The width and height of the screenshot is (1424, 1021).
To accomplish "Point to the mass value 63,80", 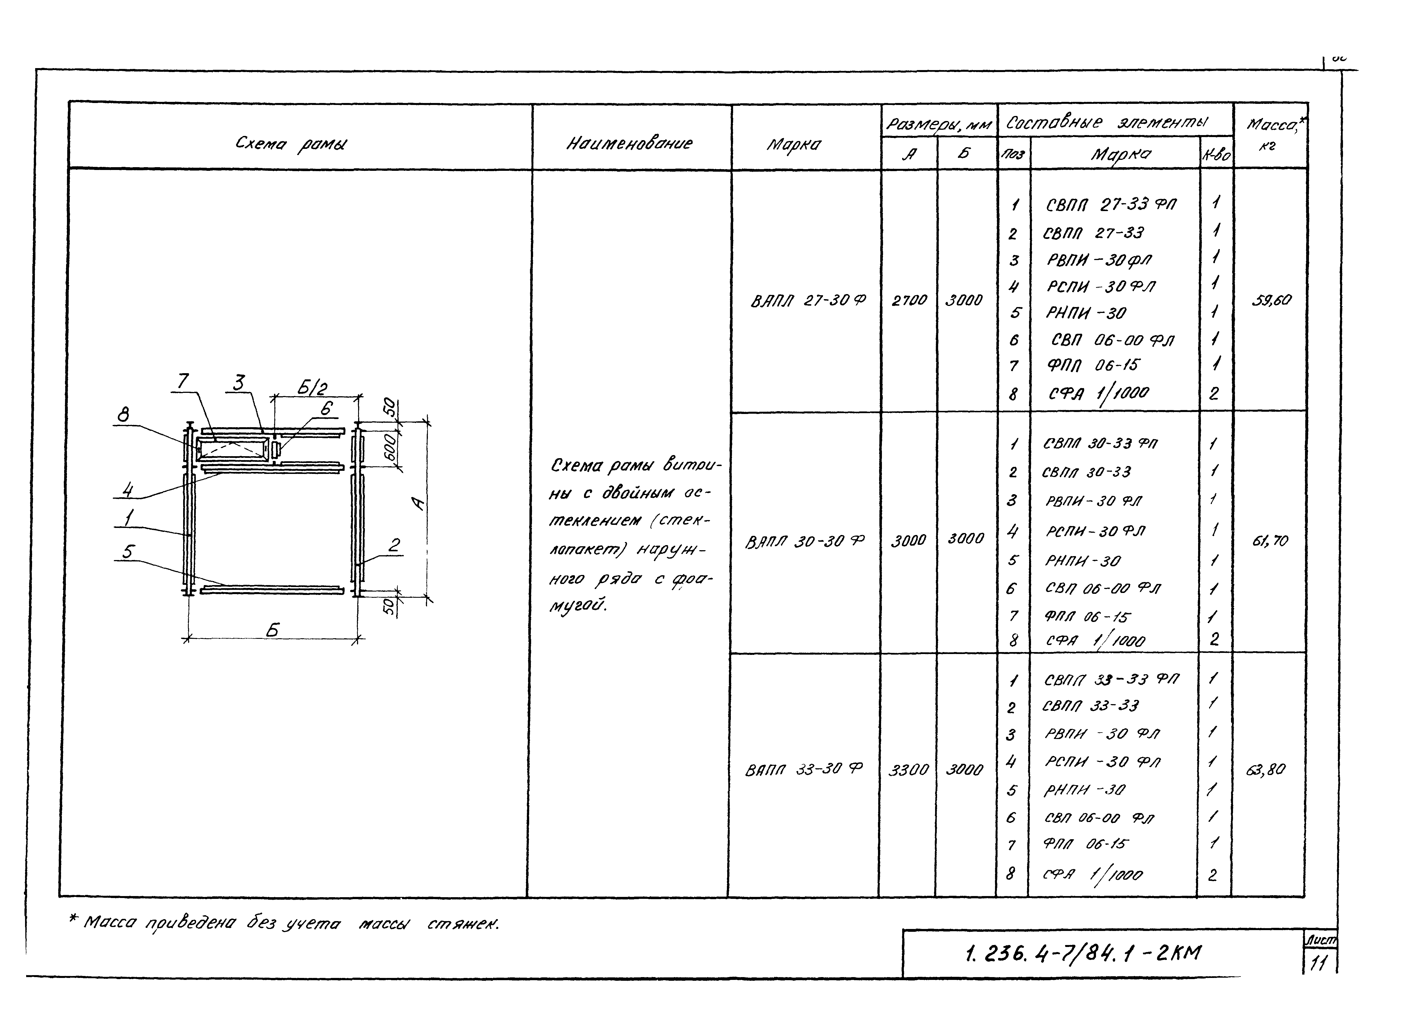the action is click(1266, 769).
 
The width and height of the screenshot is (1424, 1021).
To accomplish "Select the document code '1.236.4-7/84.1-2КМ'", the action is click(1082, 953).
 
